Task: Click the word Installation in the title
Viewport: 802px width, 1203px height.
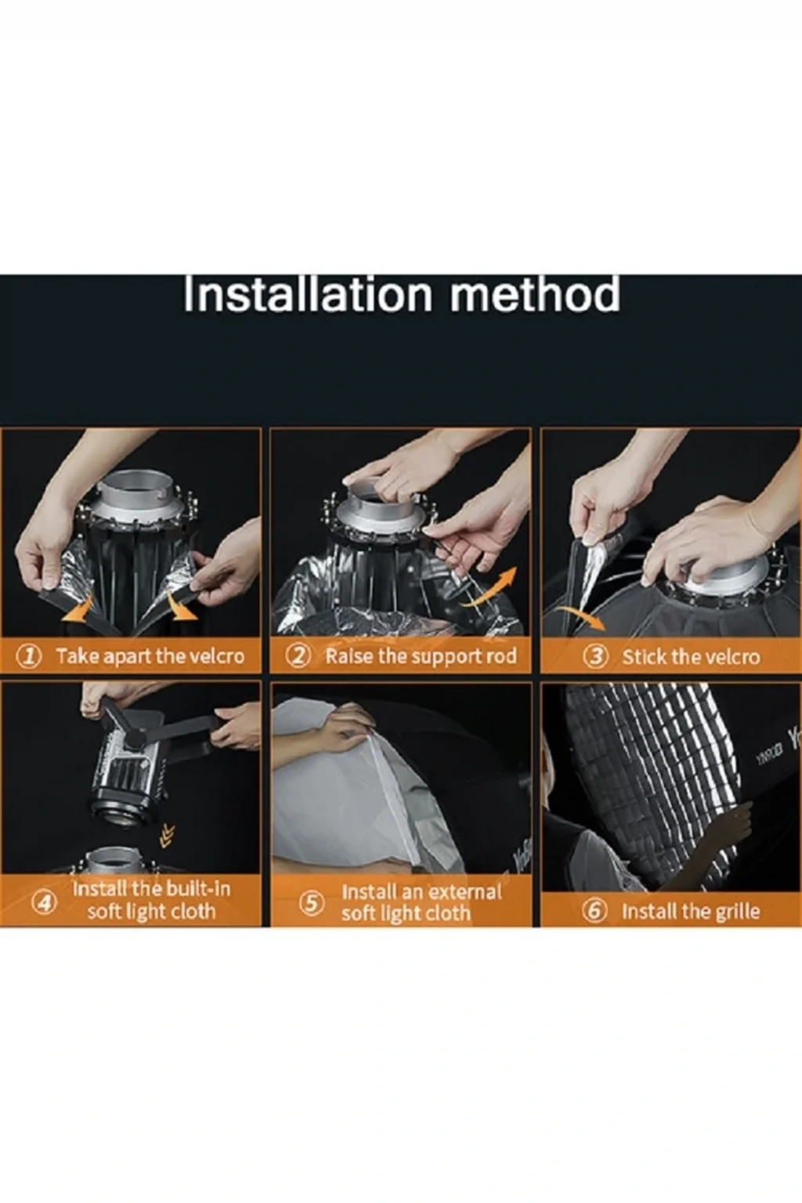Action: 308,294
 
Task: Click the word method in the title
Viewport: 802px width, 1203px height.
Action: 535,294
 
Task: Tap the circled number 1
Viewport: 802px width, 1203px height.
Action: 30,656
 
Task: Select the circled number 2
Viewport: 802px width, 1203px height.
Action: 298,656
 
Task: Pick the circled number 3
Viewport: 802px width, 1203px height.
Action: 596,657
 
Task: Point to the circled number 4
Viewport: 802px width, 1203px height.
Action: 45,902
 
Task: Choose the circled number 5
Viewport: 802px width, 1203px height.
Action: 312,903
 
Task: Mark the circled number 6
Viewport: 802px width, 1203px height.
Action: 595,912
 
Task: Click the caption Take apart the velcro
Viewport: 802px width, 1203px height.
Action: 150,657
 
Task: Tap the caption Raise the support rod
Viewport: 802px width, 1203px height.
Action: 421,657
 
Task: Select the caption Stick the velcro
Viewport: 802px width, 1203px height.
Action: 692,657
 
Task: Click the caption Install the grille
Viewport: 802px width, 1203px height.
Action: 691,912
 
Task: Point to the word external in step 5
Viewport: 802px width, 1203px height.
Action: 462,892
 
